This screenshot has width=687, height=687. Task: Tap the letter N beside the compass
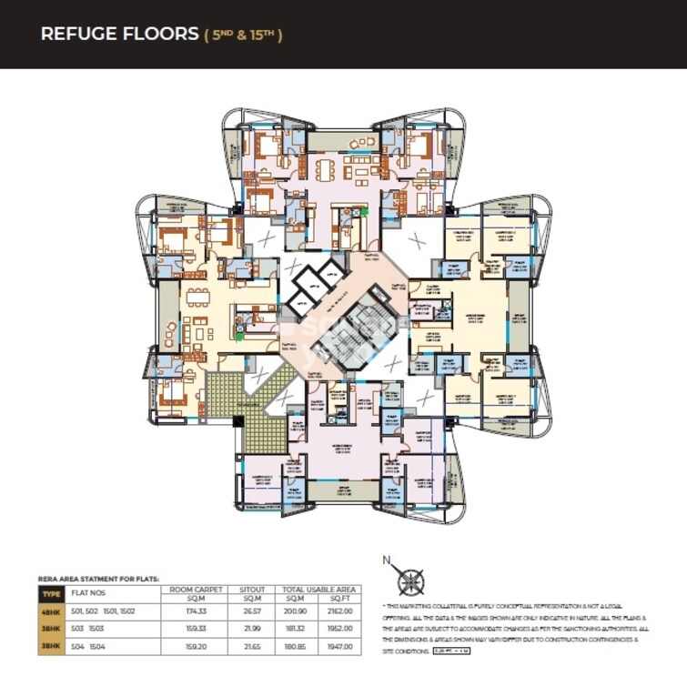pyautogui.click(x=386, y=561)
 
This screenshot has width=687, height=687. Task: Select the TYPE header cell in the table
pyautogui.click(x=49, y=594)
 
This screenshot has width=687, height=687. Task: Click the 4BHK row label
pyautogui.click(x=49, y=611)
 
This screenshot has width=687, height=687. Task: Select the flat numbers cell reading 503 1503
pyautogui.click(x=89, y=629)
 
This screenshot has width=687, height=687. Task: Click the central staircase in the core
pyautogui.click(x=347, y=333)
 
